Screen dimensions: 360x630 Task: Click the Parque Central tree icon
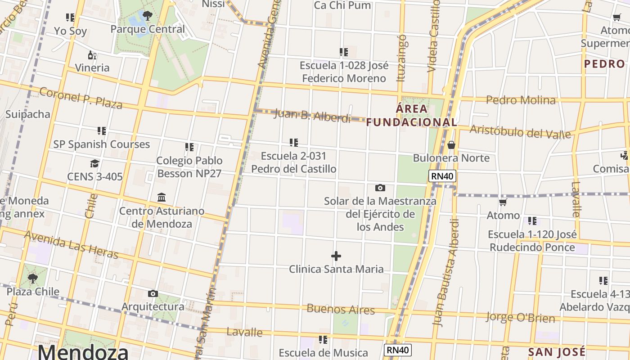tap(147, 16)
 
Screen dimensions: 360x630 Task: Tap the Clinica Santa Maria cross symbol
tap(336, 256)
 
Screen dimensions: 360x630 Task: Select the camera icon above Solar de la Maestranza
tap(380, 188)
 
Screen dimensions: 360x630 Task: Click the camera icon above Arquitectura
tap(153, 294)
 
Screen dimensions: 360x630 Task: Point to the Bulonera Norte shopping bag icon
tap(451, 145)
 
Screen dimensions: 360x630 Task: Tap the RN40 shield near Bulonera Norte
tap(442, 176)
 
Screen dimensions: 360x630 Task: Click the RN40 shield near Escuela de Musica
tap(398, 350)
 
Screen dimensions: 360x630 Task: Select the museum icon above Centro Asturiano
tap(162, 198)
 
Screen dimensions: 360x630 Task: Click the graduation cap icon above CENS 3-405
tap(94, 163)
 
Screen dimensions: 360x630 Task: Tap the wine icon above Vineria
tap(92, 55)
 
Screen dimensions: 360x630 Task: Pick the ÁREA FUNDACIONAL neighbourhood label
tap(411, 116)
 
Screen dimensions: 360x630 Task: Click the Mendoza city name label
tap(83, 351)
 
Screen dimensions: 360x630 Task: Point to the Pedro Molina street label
tap(521, 100)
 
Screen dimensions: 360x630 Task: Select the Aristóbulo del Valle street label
tap(520, 132)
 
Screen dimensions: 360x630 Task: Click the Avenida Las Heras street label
tap(71, 245)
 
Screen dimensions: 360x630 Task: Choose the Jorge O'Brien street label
tap(520, 317)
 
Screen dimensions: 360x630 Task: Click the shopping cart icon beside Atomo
tap(503, 202)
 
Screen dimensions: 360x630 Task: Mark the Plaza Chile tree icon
tap(32, 279)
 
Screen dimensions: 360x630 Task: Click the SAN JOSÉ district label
tap(556, 351)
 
